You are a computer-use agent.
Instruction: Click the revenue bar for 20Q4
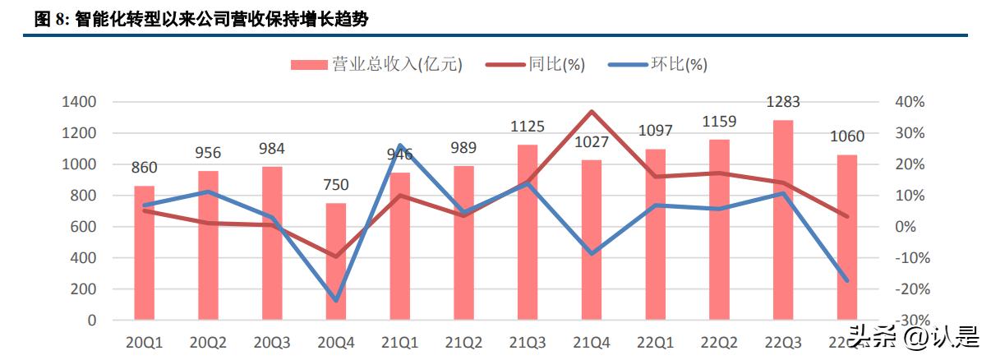click(x=336, y=261)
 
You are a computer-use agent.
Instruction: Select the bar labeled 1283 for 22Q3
click(x=783, y=219)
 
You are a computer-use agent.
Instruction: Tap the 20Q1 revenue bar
click(x=145, y=252)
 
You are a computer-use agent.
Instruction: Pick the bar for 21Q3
click(x=528, y=232)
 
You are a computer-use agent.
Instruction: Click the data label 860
click(x=144, y=168)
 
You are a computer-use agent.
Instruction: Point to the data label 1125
click(x=528, y=127)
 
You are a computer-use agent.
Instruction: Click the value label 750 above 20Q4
click(x=336, y=185)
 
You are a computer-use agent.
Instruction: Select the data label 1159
click(x=719, y=122)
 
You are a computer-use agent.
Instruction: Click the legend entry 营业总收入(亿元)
click(x=376, y=64)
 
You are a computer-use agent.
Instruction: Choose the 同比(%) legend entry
click(x=535, y=64)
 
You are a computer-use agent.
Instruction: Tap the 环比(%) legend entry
click(x=657, y=64)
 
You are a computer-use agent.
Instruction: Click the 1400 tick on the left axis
click(x=79, y=102)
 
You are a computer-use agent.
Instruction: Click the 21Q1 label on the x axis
click(x=400, y=343)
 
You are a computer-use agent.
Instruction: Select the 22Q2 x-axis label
click(x=719, y=343)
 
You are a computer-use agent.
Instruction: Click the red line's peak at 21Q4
click(x=592, y=111)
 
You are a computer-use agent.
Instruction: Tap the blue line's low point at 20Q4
click(x=336, y=300)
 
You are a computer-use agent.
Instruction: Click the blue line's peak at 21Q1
click(x=400, y=145)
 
